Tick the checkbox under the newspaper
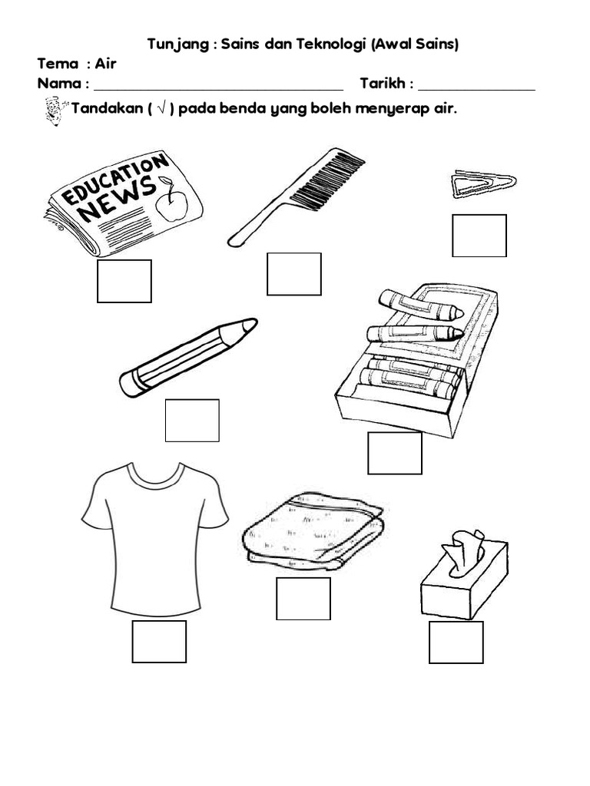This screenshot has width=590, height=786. point(124,281)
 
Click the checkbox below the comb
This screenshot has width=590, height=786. point(294,274)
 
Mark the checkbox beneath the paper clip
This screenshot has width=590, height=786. point(479,236)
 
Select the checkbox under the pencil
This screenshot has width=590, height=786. point(192,421)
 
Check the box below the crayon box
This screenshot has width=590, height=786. point(395,453)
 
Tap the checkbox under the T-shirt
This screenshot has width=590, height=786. point(159,642)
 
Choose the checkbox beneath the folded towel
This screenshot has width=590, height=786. point(303,599)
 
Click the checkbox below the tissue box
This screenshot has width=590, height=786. point(456,642)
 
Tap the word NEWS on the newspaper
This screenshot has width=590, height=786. point(118,199)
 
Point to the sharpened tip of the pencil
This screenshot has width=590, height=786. point(250,325)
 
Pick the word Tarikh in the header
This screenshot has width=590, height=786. point(383,83)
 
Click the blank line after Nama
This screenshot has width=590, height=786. point(219,90)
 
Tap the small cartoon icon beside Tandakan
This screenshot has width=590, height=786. point(55,111)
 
